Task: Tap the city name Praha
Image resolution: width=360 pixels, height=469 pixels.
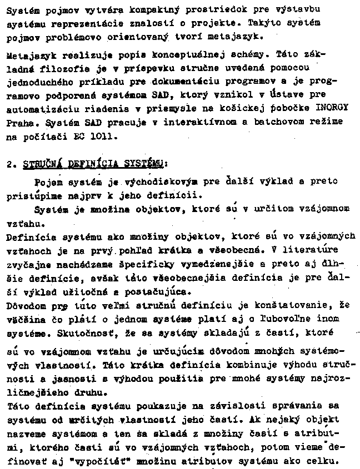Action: (x=16, y=122)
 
